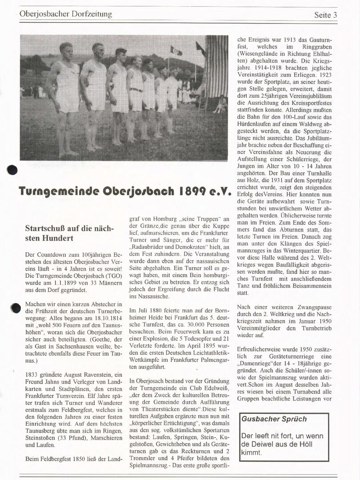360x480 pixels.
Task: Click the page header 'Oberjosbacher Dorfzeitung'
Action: [x=66, y=14]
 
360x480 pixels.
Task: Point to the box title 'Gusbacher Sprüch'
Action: [x=274, y=419]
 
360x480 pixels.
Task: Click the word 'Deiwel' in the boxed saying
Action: [x=254, y=444]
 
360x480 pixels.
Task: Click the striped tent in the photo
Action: [x=216, y=71]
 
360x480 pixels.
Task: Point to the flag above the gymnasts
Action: [x=176, y=51]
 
